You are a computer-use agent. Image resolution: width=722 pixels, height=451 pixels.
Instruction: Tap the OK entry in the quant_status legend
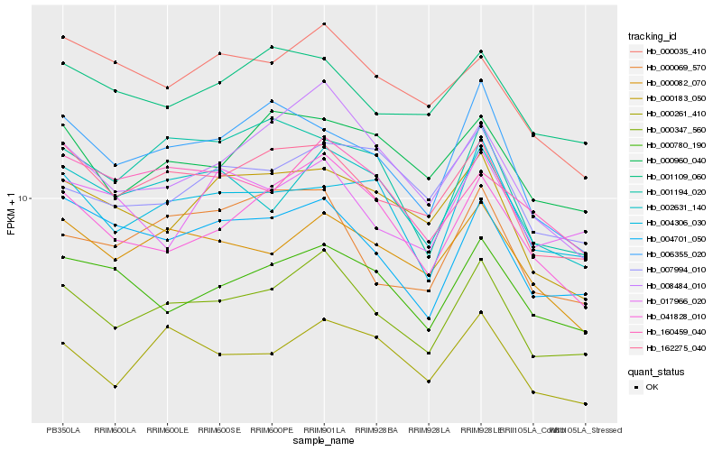click(x=652, y=386)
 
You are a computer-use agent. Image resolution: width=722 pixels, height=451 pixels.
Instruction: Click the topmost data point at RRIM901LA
click(x=324, y=24)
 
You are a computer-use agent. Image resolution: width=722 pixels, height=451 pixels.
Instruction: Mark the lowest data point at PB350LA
click(x=63, y=343)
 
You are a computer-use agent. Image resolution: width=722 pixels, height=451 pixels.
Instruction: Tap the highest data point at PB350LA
click(x=63, y=37)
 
